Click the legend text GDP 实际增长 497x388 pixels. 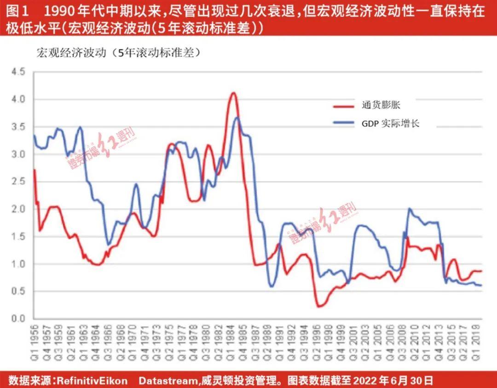(x=390, y=123)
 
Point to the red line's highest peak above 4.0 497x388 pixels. (x=234, y=93)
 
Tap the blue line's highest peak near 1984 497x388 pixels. (x=237, y=117)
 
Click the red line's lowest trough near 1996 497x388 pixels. (x=318, y=306)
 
